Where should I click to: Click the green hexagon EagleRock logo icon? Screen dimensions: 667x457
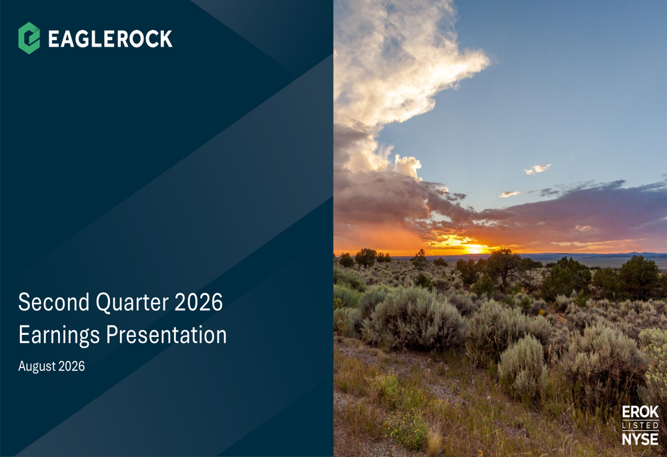click(x=29, y=38)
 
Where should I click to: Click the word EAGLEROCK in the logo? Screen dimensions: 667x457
click(x=110, y=39)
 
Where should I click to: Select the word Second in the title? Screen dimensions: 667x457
click(x=54, y=302)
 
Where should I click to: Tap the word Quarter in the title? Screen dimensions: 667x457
click(x=132, y=303)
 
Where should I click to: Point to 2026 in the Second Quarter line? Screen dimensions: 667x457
click(x=199, y=302)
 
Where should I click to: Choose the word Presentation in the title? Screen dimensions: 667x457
click(x=166, y=334)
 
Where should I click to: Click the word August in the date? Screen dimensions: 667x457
click(x=37, y=366)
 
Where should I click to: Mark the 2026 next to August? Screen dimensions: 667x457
click(x=71, y=366)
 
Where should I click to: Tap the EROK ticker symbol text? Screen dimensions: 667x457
click(x=640, y=412)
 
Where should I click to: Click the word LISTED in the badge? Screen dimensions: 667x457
click(x=640, y=426)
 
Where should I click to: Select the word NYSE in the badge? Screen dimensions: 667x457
click(x=640, y=439)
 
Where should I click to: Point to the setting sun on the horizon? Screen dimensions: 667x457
click(x=474, y=248)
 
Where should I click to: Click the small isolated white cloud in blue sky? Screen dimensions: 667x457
click(x=538, y=169)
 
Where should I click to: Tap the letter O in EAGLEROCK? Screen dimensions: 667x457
click(x=137, y=39)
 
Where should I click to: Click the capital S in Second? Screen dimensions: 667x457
click(x=25, y=302)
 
